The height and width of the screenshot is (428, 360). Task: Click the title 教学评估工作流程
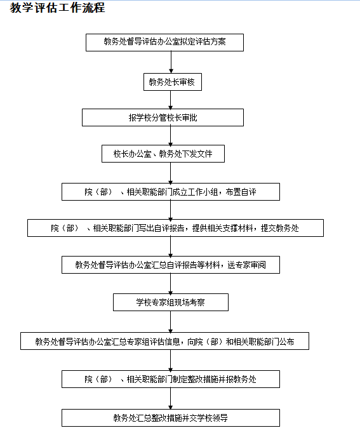click(57, 8)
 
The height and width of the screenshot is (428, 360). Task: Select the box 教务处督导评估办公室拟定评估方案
click(164, 43)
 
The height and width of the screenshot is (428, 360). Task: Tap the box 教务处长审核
click(173, 82)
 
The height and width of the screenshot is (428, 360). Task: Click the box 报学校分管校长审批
click(163, 117)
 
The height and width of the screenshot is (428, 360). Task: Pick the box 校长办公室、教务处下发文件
click(163, 154)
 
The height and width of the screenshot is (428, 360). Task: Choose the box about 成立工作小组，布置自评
click(171, 192)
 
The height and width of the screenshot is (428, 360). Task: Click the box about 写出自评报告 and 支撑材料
click(175, 228)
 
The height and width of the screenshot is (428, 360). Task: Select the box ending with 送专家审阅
click(171, 265)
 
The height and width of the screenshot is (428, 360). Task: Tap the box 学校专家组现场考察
click(171, 302)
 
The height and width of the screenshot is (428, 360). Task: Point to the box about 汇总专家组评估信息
click(164, 341)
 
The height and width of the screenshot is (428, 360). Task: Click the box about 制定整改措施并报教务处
click(171, 379)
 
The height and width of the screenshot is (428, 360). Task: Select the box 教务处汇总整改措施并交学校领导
click(171, 418)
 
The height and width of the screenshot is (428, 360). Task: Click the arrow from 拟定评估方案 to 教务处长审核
click(171, 62)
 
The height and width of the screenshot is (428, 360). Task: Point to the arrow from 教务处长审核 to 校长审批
click(171, 100)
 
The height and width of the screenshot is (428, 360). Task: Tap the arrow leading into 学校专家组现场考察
click(171, 284)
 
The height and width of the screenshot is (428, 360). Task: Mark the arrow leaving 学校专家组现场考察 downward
click(171, 321)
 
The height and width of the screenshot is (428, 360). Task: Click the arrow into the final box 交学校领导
click(171, 399)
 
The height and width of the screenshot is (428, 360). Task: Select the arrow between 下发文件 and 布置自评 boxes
click(171, 173)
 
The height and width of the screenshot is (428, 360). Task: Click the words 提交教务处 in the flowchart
click(280, 228)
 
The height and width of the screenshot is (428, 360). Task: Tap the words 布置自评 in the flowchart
click(241, 192)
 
